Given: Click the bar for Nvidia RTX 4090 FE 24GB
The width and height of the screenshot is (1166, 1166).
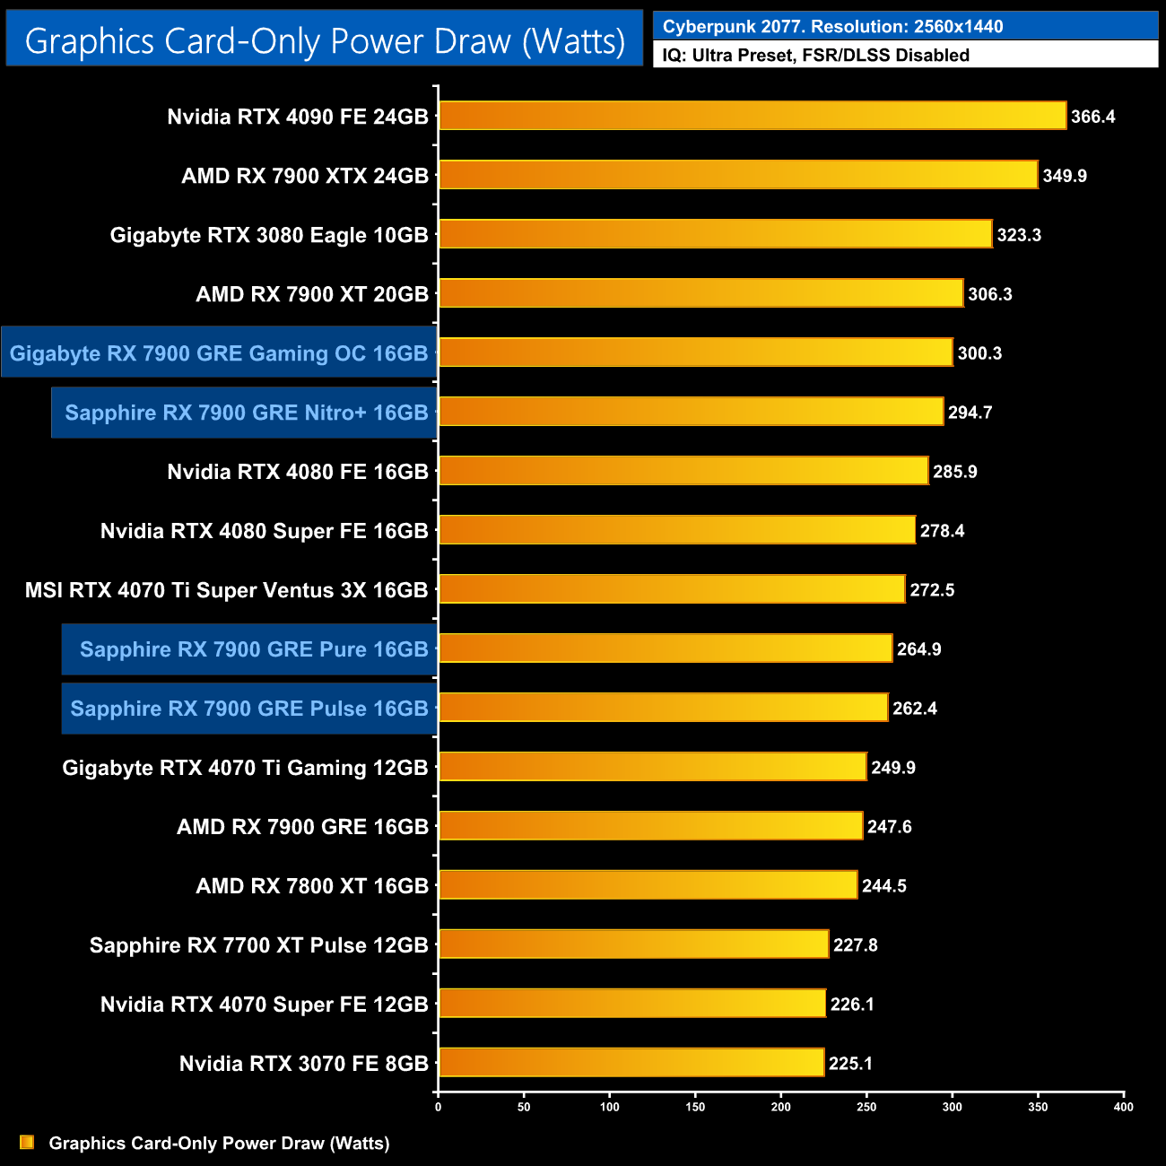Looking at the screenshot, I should click(x=752, y=116).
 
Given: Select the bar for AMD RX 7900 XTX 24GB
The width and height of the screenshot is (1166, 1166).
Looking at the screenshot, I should click(x=737, y=175).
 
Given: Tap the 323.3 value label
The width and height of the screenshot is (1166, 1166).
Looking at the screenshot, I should click(x=1019, y=235).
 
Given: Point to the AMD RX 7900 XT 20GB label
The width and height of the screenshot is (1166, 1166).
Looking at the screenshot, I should click(x=312, y=294).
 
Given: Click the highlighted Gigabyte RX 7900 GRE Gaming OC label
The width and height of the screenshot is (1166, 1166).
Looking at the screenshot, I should click(x=219, y=353).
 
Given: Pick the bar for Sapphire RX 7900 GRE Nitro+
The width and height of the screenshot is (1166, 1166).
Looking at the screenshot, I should click(x=691, y=412).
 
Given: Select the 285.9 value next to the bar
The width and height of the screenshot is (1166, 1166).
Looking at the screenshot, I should click(x=955, y=472).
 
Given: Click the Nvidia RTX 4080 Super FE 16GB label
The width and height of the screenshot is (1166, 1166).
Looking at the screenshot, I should click(x=265, y=531).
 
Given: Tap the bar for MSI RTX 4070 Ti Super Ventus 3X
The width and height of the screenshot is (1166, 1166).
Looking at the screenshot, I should click(x=671, y=589).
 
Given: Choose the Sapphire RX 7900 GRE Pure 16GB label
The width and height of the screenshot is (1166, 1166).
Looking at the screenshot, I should click(x=254, y=649).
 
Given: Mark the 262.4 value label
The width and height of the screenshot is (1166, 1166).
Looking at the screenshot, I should click(x=915, y=709).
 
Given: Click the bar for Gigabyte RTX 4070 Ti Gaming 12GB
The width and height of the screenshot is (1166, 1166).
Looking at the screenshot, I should click(x=652, y=767).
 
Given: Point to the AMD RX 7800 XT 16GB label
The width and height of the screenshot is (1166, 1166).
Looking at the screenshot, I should click(x=312, y=886).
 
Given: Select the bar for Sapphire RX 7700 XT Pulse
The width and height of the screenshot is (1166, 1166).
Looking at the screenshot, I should click(x=633, y=944).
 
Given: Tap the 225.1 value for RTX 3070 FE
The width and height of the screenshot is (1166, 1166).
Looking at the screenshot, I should click(x=850, y=1064).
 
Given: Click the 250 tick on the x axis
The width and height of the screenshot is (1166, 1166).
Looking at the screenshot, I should click(x=866, y=1107).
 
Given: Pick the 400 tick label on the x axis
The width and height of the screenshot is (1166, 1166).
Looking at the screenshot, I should click(x=1123, y=1107).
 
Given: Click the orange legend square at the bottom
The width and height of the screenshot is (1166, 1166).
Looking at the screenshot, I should click(x=27, y=1143).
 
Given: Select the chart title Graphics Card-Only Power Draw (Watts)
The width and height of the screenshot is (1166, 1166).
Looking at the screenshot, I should click(x=325, y=40).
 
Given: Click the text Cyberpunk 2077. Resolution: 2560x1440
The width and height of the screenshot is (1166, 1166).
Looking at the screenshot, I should click(x=832, y=26).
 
